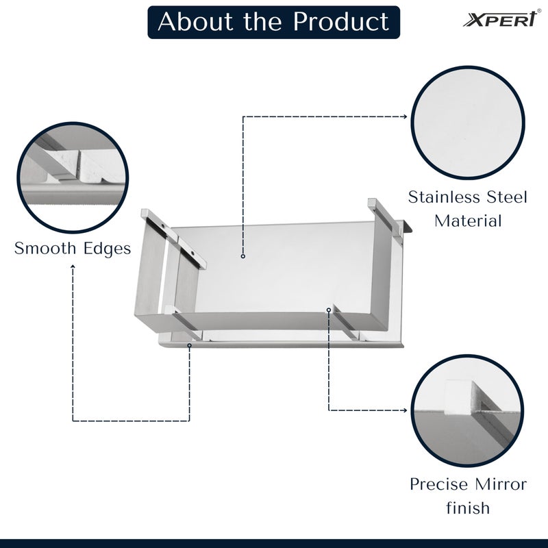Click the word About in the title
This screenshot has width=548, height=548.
point(193,22)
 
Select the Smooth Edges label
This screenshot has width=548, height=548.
point(73,248)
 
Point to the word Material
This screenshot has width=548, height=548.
point(469,221)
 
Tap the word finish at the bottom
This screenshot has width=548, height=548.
point(469,508)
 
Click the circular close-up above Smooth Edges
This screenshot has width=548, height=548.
point(72,177)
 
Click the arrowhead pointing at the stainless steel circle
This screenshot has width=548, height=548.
point(405,116)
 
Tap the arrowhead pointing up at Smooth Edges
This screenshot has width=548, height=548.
point(73,267)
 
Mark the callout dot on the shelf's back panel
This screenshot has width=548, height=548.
point(243,256)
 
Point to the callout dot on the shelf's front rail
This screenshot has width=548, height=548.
point(329,310)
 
